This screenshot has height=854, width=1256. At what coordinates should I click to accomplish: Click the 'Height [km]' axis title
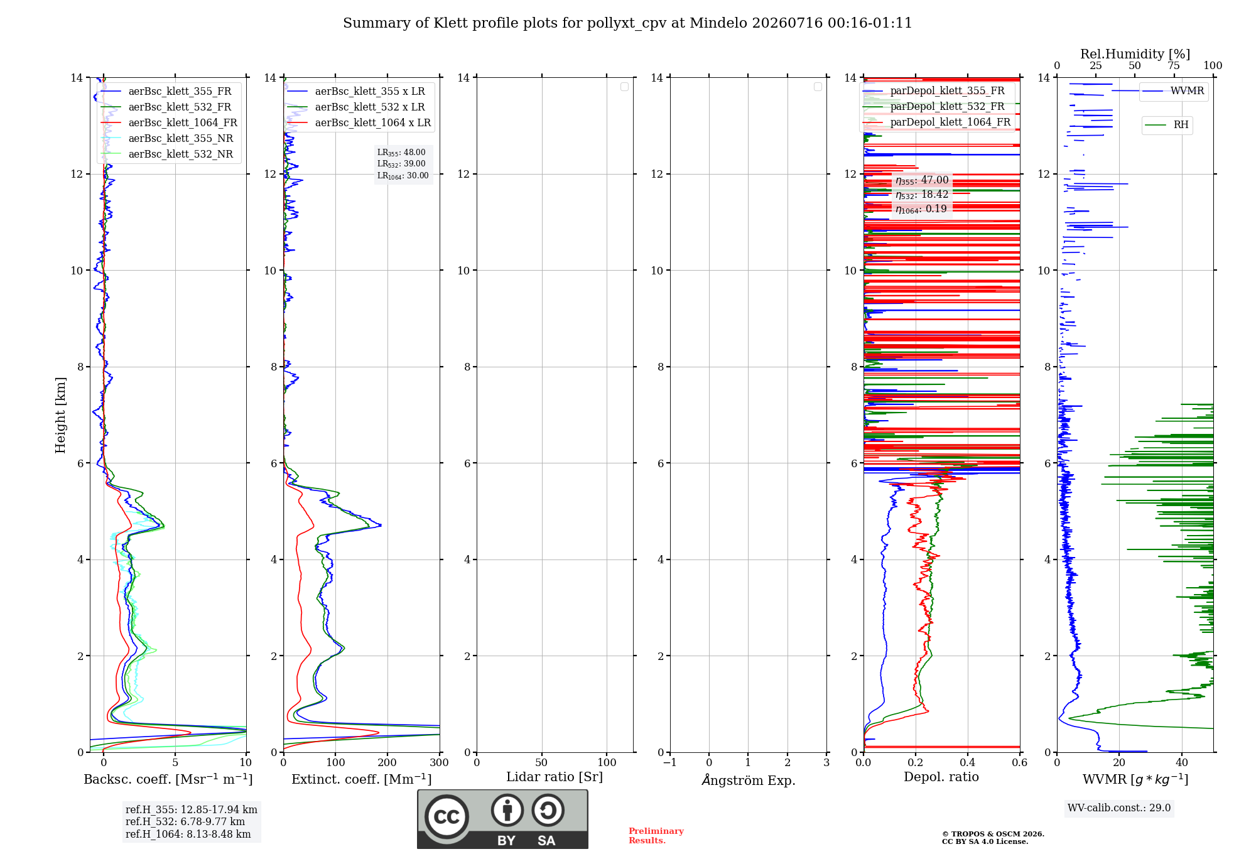[x=60, y=415]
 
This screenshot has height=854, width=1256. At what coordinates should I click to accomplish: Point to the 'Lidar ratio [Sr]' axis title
[x=555, y=777]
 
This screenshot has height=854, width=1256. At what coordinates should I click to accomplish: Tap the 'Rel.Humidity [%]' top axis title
[x=1135, y=54]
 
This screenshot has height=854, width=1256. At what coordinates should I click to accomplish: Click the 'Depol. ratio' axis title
[x=941, y=777]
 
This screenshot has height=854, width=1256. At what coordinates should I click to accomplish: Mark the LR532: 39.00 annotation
[x=401, y=164]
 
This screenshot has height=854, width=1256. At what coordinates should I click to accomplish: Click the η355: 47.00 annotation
[x=922, y=180]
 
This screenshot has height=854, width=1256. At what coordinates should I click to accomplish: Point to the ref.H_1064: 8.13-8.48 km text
[x=188, y=834]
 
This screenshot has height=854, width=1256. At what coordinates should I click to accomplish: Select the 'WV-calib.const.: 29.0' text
[x=1119, y=808]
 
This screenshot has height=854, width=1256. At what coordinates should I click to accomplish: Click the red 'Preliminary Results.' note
[x=656, y=835]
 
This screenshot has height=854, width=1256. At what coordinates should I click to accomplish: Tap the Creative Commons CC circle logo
[x=447, y=816]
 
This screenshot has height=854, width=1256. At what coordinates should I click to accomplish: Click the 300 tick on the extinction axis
[x=440, y=762]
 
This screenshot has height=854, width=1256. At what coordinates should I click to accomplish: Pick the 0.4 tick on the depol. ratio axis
[x=968, y=762]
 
